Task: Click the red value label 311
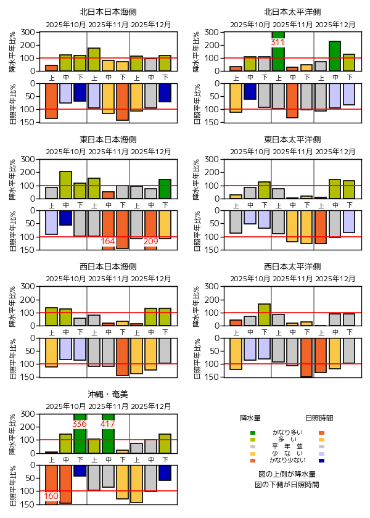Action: (277, 43)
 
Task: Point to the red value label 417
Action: (108, 424)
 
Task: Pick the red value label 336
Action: (80, 424)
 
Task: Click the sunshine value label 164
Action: (108, 241)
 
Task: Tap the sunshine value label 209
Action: (150, 241)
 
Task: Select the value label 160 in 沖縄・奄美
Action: (51, 496)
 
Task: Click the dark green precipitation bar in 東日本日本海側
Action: (165, 189)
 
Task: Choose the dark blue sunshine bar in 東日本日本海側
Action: (65, 218)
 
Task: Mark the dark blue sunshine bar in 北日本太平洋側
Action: (250, 91)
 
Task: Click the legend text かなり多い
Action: (287, 432)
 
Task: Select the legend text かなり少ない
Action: (287, 460)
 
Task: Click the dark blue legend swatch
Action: (322, 460)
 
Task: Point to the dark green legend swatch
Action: (253, 432)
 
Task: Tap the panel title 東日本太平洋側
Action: (292, 139)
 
